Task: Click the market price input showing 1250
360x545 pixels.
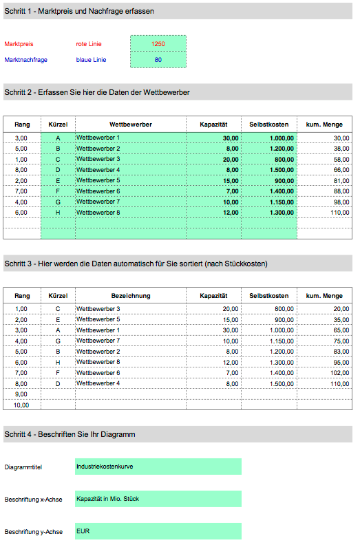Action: pos(158,44)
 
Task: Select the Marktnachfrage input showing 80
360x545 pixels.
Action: pos(158,60)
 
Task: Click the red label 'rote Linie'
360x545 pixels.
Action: pos(88,44)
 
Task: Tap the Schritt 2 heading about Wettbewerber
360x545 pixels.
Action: pos(96,92)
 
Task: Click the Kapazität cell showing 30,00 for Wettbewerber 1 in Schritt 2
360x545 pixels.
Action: pos(213,138)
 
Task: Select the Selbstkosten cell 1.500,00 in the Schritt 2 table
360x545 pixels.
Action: pos(269,170)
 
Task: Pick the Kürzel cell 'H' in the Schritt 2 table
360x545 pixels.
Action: pos(58,213)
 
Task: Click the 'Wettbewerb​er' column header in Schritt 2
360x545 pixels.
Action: pos(131,124)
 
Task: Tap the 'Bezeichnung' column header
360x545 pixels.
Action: pos(131,295)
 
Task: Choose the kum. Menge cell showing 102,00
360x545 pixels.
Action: pos(324,373)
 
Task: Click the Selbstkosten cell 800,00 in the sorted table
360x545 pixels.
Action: pos(269,309)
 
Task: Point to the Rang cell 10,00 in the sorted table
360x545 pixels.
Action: pos(22,405)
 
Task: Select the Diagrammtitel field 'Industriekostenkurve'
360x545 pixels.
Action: pos(158,467)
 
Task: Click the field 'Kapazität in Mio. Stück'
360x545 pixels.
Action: pos(158,499)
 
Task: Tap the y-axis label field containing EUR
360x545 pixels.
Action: pos(158,531)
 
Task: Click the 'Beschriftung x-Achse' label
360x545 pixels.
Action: pos(34,500)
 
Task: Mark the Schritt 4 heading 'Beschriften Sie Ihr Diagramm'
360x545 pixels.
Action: pos(70,434)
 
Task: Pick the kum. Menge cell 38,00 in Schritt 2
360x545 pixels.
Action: pos(324,149)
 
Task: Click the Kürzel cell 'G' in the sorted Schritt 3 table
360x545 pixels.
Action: pos(58,341)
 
